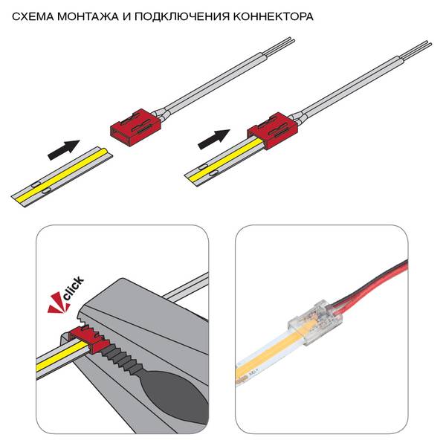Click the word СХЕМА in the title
click(x=33, y=16)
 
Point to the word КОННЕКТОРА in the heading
click(x=274, y=16)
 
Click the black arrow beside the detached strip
click(x=63, y=150)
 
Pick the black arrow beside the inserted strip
click(x=214, y=139)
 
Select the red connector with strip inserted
click(x=273, y=131)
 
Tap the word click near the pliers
click(x=74, y=288)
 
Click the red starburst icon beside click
click(x=58, y=306)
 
